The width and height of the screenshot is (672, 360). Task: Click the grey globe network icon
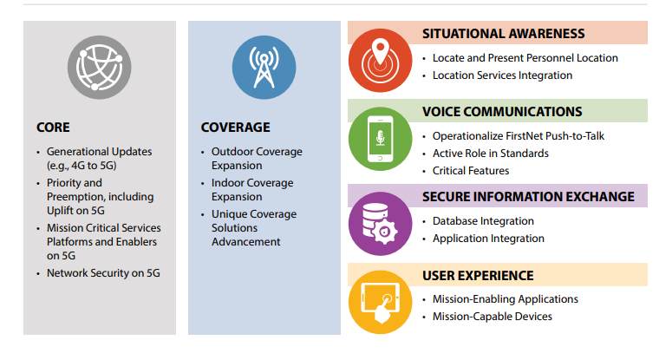(x=100, y=68)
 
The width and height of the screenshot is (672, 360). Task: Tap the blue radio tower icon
(x=264, y=68)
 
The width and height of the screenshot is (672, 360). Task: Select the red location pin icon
(x=380, y=61)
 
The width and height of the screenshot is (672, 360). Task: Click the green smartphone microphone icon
(x=380, y=139)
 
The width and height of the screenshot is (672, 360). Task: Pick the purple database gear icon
(x=380, y=224)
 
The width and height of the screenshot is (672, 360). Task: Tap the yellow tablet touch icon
(x=380, y=302)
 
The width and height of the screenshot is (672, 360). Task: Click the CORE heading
(x=53, y=128)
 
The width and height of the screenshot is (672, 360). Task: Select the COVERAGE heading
(x=236, y=128)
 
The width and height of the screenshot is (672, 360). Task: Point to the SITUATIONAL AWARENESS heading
(x=504, y=34)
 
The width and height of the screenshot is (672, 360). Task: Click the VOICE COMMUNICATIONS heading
(x=502, y=112)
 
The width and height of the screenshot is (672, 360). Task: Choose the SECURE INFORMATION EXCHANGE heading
(x=528, y=197)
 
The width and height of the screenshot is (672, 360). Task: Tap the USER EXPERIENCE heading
(x=479, y=276)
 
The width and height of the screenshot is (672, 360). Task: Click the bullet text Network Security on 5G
(x=103, y=273)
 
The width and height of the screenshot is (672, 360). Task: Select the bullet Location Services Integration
(x=502, y=75)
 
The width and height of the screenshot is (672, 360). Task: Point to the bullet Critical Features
(x=471, y=171)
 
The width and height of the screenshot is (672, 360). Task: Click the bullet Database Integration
(x=483, y=221)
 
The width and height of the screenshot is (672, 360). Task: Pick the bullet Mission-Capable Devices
(x=492, y=317)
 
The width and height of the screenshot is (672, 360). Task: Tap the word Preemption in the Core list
(x=75, y=197)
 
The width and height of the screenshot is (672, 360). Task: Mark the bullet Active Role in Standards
(x=490, y=154)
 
